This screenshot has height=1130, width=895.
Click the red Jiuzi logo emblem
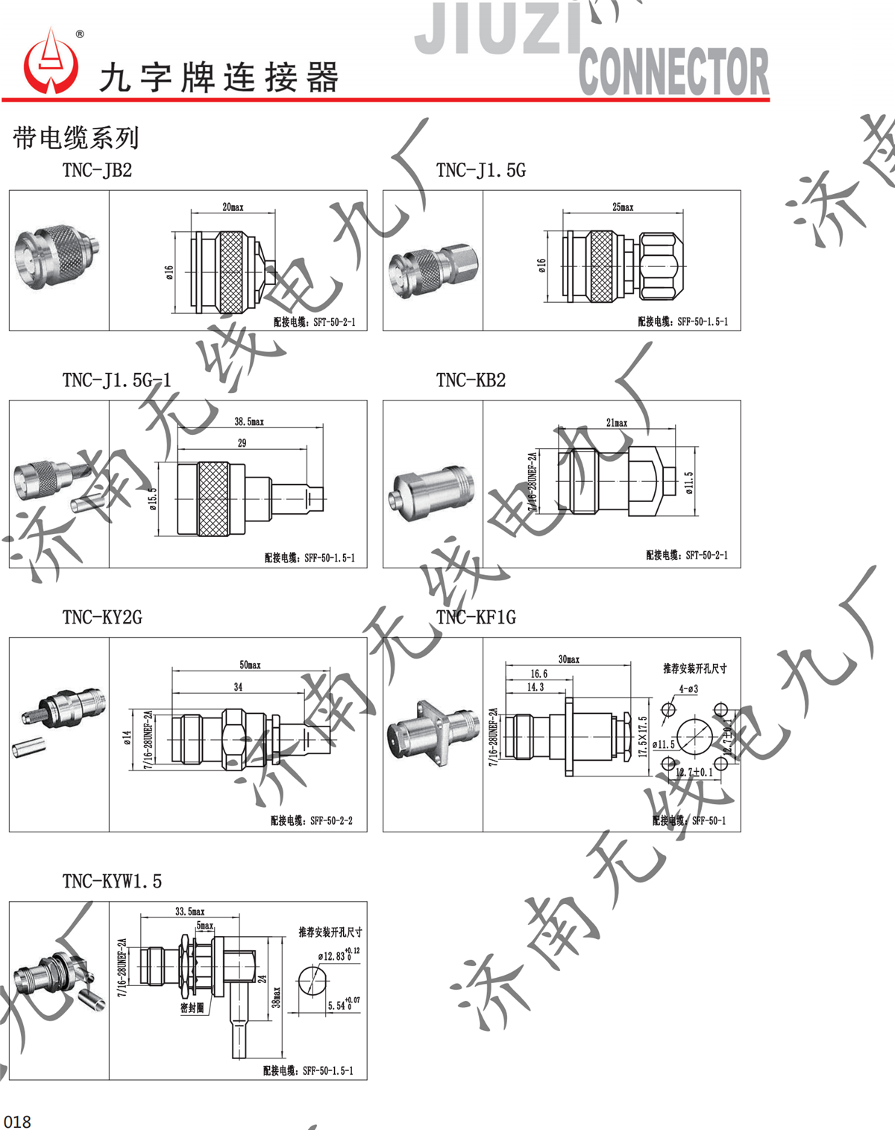pyautogui.click(x=51, y=63)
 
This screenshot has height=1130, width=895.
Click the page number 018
pyautogui.click(x=17, y=1121)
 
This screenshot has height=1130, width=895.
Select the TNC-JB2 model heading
pyautogui.click(x=97, y=170)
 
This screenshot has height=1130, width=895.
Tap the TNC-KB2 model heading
pyautogui.click(x=471, y=380)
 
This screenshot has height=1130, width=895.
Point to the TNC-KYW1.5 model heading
pyautogui.click(x=112, y=882)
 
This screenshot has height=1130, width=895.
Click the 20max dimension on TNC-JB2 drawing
pyautogui.click(x=233, y=207)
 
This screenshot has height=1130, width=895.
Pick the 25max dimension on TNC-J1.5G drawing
pyautogui.click(x=623, y=207)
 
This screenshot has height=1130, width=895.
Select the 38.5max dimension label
pyautogui.click(x=249, y=421)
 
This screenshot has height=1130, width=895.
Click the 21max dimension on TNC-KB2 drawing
pyautogui.click(x=617, y=422)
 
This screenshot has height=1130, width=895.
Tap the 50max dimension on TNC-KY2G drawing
pyautogui.click(x=250, y=665)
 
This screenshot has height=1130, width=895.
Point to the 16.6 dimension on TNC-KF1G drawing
pyautogui.click(x=538, y=674)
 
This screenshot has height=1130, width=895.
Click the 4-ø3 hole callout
pyautogui.click(x=688, y=689)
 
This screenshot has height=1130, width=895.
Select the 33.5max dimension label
pyautogui.click(x=189, y=911)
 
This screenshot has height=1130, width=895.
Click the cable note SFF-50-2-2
pyautogui.click(x=312, y=820)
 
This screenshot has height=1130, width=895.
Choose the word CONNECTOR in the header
pyautogui.click(x=673, y=72)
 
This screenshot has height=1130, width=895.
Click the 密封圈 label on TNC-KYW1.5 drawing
pyautogui.click(x=192, y=1008)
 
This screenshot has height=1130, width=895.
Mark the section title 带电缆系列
pyautogui.click(x=76, y=138)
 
